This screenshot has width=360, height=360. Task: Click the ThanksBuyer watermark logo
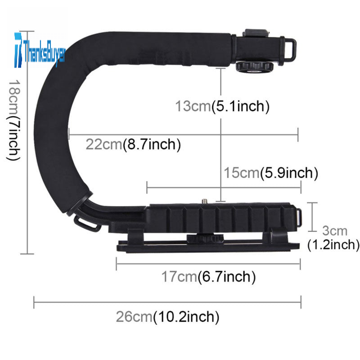point(40,50)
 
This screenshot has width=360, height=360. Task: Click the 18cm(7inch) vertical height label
point(13,120)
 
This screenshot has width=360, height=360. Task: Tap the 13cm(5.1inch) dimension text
point(222,107)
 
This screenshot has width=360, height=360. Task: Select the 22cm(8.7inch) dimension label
point(133,144)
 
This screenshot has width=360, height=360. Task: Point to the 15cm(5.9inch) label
point(271,173)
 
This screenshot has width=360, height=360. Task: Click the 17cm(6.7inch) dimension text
point(208,277)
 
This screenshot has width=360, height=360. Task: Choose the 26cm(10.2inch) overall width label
point(167,317)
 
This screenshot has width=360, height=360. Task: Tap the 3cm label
point(334,231)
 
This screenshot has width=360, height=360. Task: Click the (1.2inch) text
point(333,245)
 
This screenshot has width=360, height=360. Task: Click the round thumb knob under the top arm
point(254,67)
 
